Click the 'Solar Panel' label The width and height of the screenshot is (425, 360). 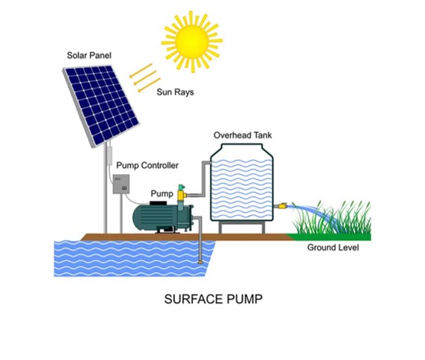click(x=89, y=55)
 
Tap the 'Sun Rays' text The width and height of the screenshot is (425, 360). click(x=175, y=92)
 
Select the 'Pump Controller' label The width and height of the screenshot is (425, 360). click(x=147, y=165)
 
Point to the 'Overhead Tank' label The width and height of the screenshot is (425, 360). click(x=243, y=135)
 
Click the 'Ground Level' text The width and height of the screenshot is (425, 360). click(x=333, y=247)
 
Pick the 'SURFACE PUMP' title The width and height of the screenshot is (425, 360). click(x=214, y=299)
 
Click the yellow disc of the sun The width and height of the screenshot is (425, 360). click(x=192, y=42)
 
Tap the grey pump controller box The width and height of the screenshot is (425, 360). click(x=121, y=184)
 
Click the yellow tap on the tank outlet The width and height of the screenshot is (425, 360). click(x=282, y=206)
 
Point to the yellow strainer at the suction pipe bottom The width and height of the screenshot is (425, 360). click(x=200, y=263)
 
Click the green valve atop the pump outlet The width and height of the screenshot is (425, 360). click(x=181, y=187)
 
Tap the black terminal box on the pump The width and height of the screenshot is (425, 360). click(x=159, y=203)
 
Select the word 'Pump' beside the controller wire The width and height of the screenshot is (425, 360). click(x=162, y=193)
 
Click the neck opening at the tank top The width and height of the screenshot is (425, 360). click(x=242, y=147)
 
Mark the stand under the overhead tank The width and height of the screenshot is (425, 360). click(x=242, y=227)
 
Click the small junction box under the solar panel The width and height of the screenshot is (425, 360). click(x=109, y=155)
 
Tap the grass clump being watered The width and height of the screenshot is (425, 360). click(x=332, y=218)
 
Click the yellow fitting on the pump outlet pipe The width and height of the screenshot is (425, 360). click(x=181, y=196)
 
